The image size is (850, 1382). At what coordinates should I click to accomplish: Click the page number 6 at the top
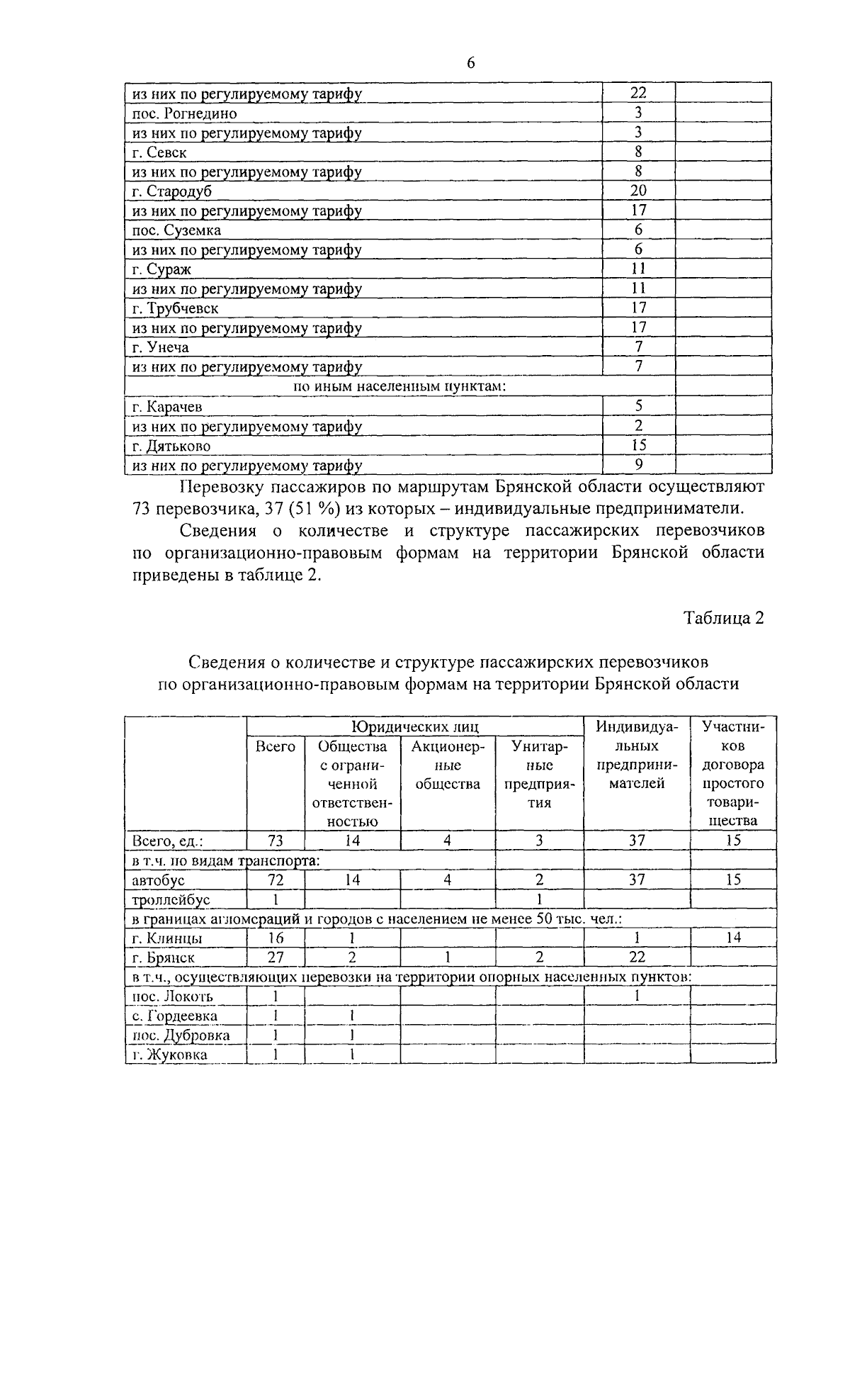470,64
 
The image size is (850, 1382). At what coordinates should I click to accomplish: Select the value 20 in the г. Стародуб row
638,191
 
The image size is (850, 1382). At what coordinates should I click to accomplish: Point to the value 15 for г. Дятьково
638,445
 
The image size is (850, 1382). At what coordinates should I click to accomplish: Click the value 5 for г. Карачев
638,406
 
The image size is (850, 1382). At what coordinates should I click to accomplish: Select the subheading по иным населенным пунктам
399,386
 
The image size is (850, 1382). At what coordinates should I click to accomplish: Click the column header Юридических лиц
415,726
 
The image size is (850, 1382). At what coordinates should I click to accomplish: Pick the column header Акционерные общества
448,765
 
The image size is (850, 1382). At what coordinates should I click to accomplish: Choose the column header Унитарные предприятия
540,775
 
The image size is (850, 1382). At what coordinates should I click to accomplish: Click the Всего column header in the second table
275,746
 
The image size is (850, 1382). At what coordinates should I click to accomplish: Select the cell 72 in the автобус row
275,880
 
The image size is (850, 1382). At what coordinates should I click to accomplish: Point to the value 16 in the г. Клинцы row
275,938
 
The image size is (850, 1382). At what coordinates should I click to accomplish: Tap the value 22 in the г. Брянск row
637,957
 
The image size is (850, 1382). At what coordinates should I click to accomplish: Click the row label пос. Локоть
173,996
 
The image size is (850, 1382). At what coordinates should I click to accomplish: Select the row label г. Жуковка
170,1055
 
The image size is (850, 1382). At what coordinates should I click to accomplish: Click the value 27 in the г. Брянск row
275,957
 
